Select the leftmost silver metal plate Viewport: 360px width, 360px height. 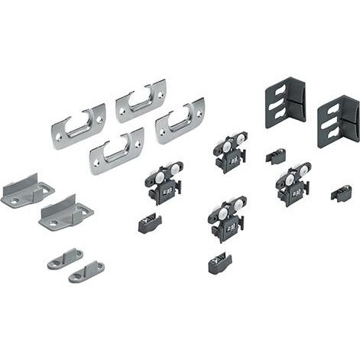pos(78,123)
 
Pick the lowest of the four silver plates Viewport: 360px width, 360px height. pos(116,151)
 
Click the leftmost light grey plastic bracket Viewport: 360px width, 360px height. pos(25,188)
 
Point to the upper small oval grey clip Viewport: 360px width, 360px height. pos(64,258)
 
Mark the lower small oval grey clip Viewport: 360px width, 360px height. pos(86,270)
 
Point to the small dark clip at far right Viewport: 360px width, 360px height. pos(341,193)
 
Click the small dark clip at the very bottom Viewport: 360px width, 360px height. pos(219,264)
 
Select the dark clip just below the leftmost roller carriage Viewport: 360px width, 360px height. pos(150,223)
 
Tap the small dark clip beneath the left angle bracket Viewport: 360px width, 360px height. pos(275,156)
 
